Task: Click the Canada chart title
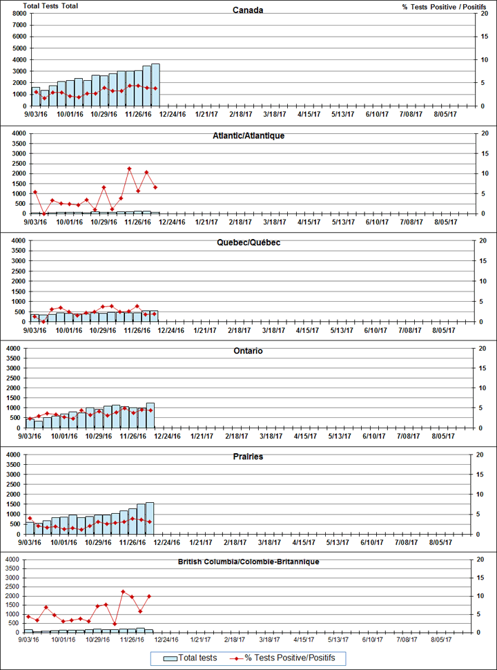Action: coord(248,10)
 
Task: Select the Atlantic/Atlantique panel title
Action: coord(248,136)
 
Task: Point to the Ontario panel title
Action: coord(248,352)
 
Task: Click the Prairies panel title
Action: coord(248,457)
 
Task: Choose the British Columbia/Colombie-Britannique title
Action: coord(248,562)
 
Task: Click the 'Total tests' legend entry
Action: coord(191,658)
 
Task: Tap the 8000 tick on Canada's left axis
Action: coord(20,13)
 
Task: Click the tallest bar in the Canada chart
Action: coord(155,84)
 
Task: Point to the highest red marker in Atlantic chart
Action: coord(129,169)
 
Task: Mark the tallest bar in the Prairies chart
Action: coord(149,518)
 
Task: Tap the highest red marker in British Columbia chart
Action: coord(123,592)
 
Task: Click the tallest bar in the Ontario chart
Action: coord(150,415)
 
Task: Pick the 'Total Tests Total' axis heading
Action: coord(50,6)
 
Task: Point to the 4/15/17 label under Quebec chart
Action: coord(307,330)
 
